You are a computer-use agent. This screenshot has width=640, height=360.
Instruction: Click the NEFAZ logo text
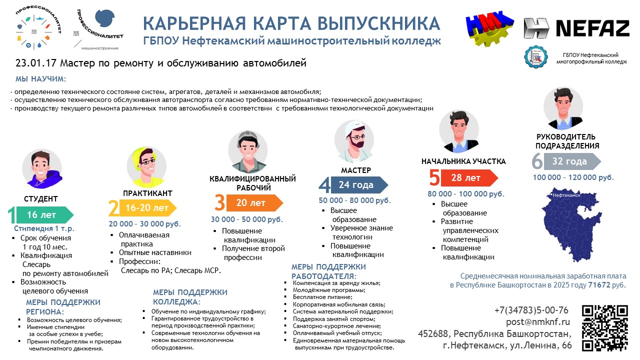coord(593,28)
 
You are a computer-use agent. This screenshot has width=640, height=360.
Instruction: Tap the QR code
coord(605,328)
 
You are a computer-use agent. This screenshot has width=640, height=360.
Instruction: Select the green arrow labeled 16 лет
coord(45,215)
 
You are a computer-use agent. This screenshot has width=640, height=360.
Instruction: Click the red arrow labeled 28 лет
coord(469,177)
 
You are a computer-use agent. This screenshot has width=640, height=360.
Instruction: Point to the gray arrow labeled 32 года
coord(572,161)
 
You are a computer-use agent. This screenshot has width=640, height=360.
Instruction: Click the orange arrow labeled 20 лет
coord(254,203)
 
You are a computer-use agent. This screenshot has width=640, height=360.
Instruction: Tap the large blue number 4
coord(324,185)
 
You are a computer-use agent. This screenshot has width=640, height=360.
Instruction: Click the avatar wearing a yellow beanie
coord(146,167)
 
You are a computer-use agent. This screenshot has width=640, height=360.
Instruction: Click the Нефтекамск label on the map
coord(566,195)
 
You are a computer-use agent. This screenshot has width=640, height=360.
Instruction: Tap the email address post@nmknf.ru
coord(537,321)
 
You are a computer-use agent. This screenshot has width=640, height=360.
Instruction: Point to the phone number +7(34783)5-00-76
coord(531,310)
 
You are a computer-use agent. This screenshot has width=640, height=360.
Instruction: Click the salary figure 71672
coord(599,285)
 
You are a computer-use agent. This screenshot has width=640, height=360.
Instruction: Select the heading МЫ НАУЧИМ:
coord(40,79)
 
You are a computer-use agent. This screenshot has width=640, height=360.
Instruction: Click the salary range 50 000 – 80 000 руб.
coord(354,200)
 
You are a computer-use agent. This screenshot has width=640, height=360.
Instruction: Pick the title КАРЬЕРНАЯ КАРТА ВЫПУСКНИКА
coord(291,23)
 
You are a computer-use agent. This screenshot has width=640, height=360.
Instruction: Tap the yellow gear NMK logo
coord(489,28)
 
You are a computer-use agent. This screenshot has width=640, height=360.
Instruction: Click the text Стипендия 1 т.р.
coord(44,228)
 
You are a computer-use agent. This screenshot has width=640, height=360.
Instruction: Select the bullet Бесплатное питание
coord(322,297)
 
